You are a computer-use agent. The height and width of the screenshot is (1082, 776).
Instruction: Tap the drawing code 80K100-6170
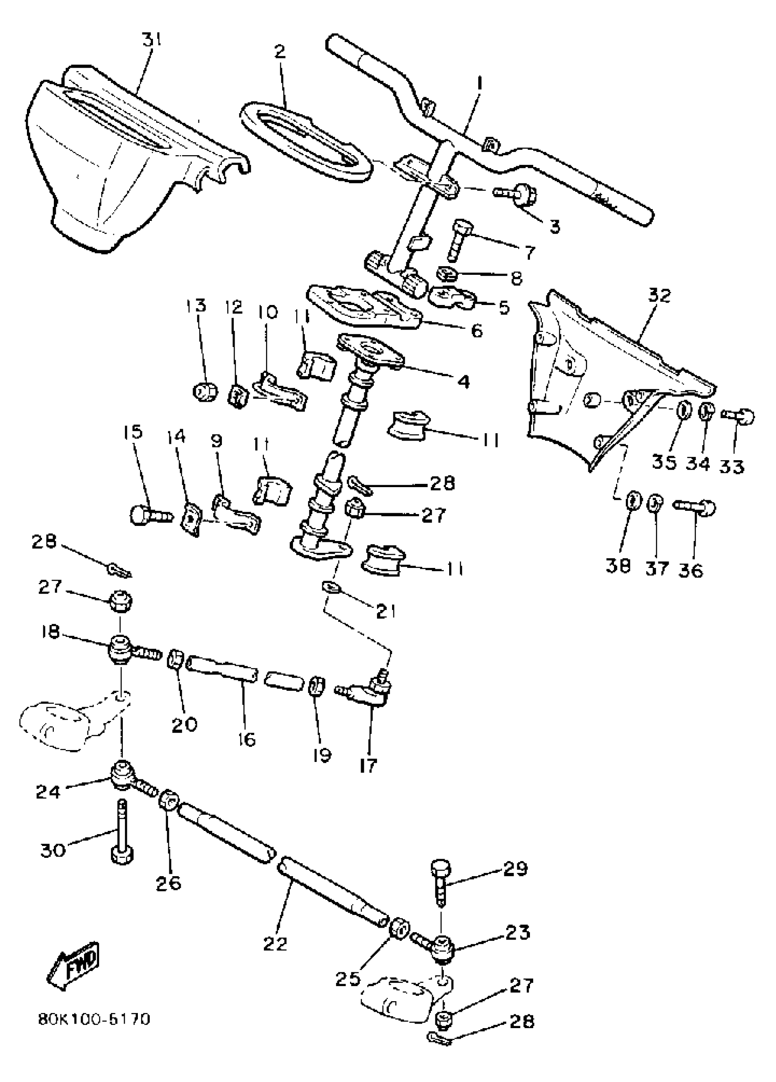click(94, 1019)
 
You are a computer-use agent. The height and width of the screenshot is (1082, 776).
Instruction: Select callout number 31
click(152, 40)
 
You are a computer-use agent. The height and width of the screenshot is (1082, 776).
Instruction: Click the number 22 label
click(275, 943)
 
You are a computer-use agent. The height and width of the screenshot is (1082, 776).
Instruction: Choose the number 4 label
click(461, 381)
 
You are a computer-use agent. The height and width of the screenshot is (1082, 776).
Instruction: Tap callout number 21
click(385, 611)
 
